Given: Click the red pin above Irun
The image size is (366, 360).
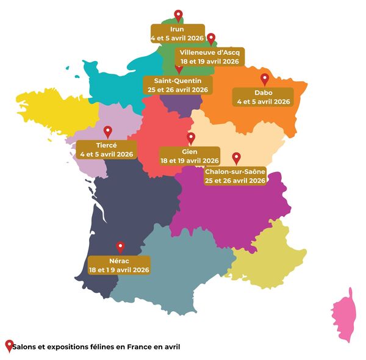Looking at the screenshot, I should pyautogui.click(x=178, y=15).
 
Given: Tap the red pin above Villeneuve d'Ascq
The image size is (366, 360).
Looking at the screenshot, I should pyautogui.click(x=211, y=39).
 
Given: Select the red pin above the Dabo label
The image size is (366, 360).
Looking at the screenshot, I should pyautogui.click(x=264, y=79).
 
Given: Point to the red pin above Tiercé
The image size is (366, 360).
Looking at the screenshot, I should pyautogui.click(x=108, y=131).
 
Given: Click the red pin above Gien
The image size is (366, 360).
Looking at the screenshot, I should pyautogui.click(x=191, y=139).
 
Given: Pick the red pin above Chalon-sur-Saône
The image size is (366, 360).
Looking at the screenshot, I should pyautogui.click(x=236, y=158).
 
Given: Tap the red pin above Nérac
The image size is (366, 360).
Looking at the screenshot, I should pyautogui.click(x=120, y=247).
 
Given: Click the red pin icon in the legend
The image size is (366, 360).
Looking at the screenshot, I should pyautogui.click(x=9, y=345).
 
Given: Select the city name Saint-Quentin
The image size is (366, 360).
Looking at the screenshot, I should pyautogui.click(x=178, y=81).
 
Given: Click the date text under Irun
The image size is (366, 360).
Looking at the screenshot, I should pyautogui.click(x=178, y=38).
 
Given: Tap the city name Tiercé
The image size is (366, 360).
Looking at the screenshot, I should pyautogui.click(x=107, y=145).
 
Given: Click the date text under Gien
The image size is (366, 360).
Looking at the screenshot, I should pyautogui.click(x=190, y=160).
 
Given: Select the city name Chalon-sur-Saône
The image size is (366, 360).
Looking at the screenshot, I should pyautogui.click(x=235, y=172).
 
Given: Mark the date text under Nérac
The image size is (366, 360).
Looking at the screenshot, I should pyautogui.click(x=120, y=269).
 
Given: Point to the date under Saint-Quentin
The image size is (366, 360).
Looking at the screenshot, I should pyautogui.click(x=178, y=90).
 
